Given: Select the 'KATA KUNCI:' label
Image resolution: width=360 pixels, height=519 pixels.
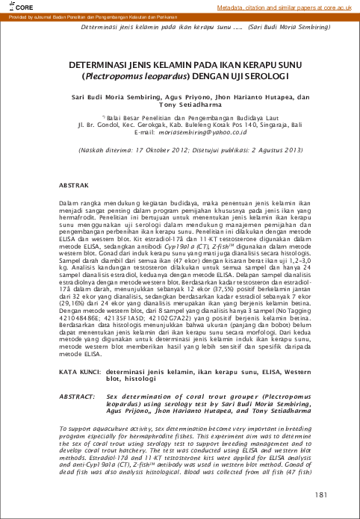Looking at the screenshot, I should click(x=79, y=370).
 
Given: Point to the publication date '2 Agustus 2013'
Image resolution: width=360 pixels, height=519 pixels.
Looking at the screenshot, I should click(x=273, y=149).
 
